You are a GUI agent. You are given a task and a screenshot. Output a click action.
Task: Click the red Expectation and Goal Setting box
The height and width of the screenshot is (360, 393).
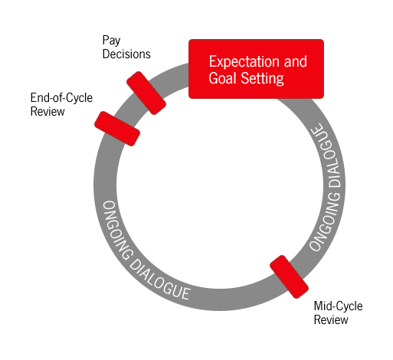click(x=256, y=69)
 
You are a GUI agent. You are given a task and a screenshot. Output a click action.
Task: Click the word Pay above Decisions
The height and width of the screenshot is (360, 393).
click(x=111, y=41)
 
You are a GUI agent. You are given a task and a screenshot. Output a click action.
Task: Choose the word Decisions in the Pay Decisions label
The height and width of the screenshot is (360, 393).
click(x=126, y=54)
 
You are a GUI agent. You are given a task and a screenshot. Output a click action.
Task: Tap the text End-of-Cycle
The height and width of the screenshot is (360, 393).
click(x=61, y=97)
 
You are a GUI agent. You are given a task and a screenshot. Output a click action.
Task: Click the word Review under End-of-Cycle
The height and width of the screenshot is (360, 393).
click(x=47, y=112)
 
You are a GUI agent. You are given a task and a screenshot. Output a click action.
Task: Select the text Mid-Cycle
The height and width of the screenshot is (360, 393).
click(x=339, y=306)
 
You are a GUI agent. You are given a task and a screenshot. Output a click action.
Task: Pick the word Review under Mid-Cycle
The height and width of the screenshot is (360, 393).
click(x=331, y=320)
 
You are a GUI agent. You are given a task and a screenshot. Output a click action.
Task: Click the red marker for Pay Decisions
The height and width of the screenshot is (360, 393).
click(x=146, y=93)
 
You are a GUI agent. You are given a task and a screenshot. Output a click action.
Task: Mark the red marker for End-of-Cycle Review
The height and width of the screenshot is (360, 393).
click(x=117, y=129)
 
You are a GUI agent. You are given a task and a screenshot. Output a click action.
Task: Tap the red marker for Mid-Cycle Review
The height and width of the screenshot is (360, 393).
click(x=289, y=277)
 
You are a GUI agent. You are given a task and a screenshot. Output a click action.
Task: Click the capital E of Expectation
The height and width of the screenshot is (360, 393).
click(x=212, y=61)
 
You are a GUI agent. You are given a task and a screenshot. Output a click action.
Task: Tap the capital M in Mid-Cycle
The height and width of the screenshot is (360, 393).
click(x=319, y=306)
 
